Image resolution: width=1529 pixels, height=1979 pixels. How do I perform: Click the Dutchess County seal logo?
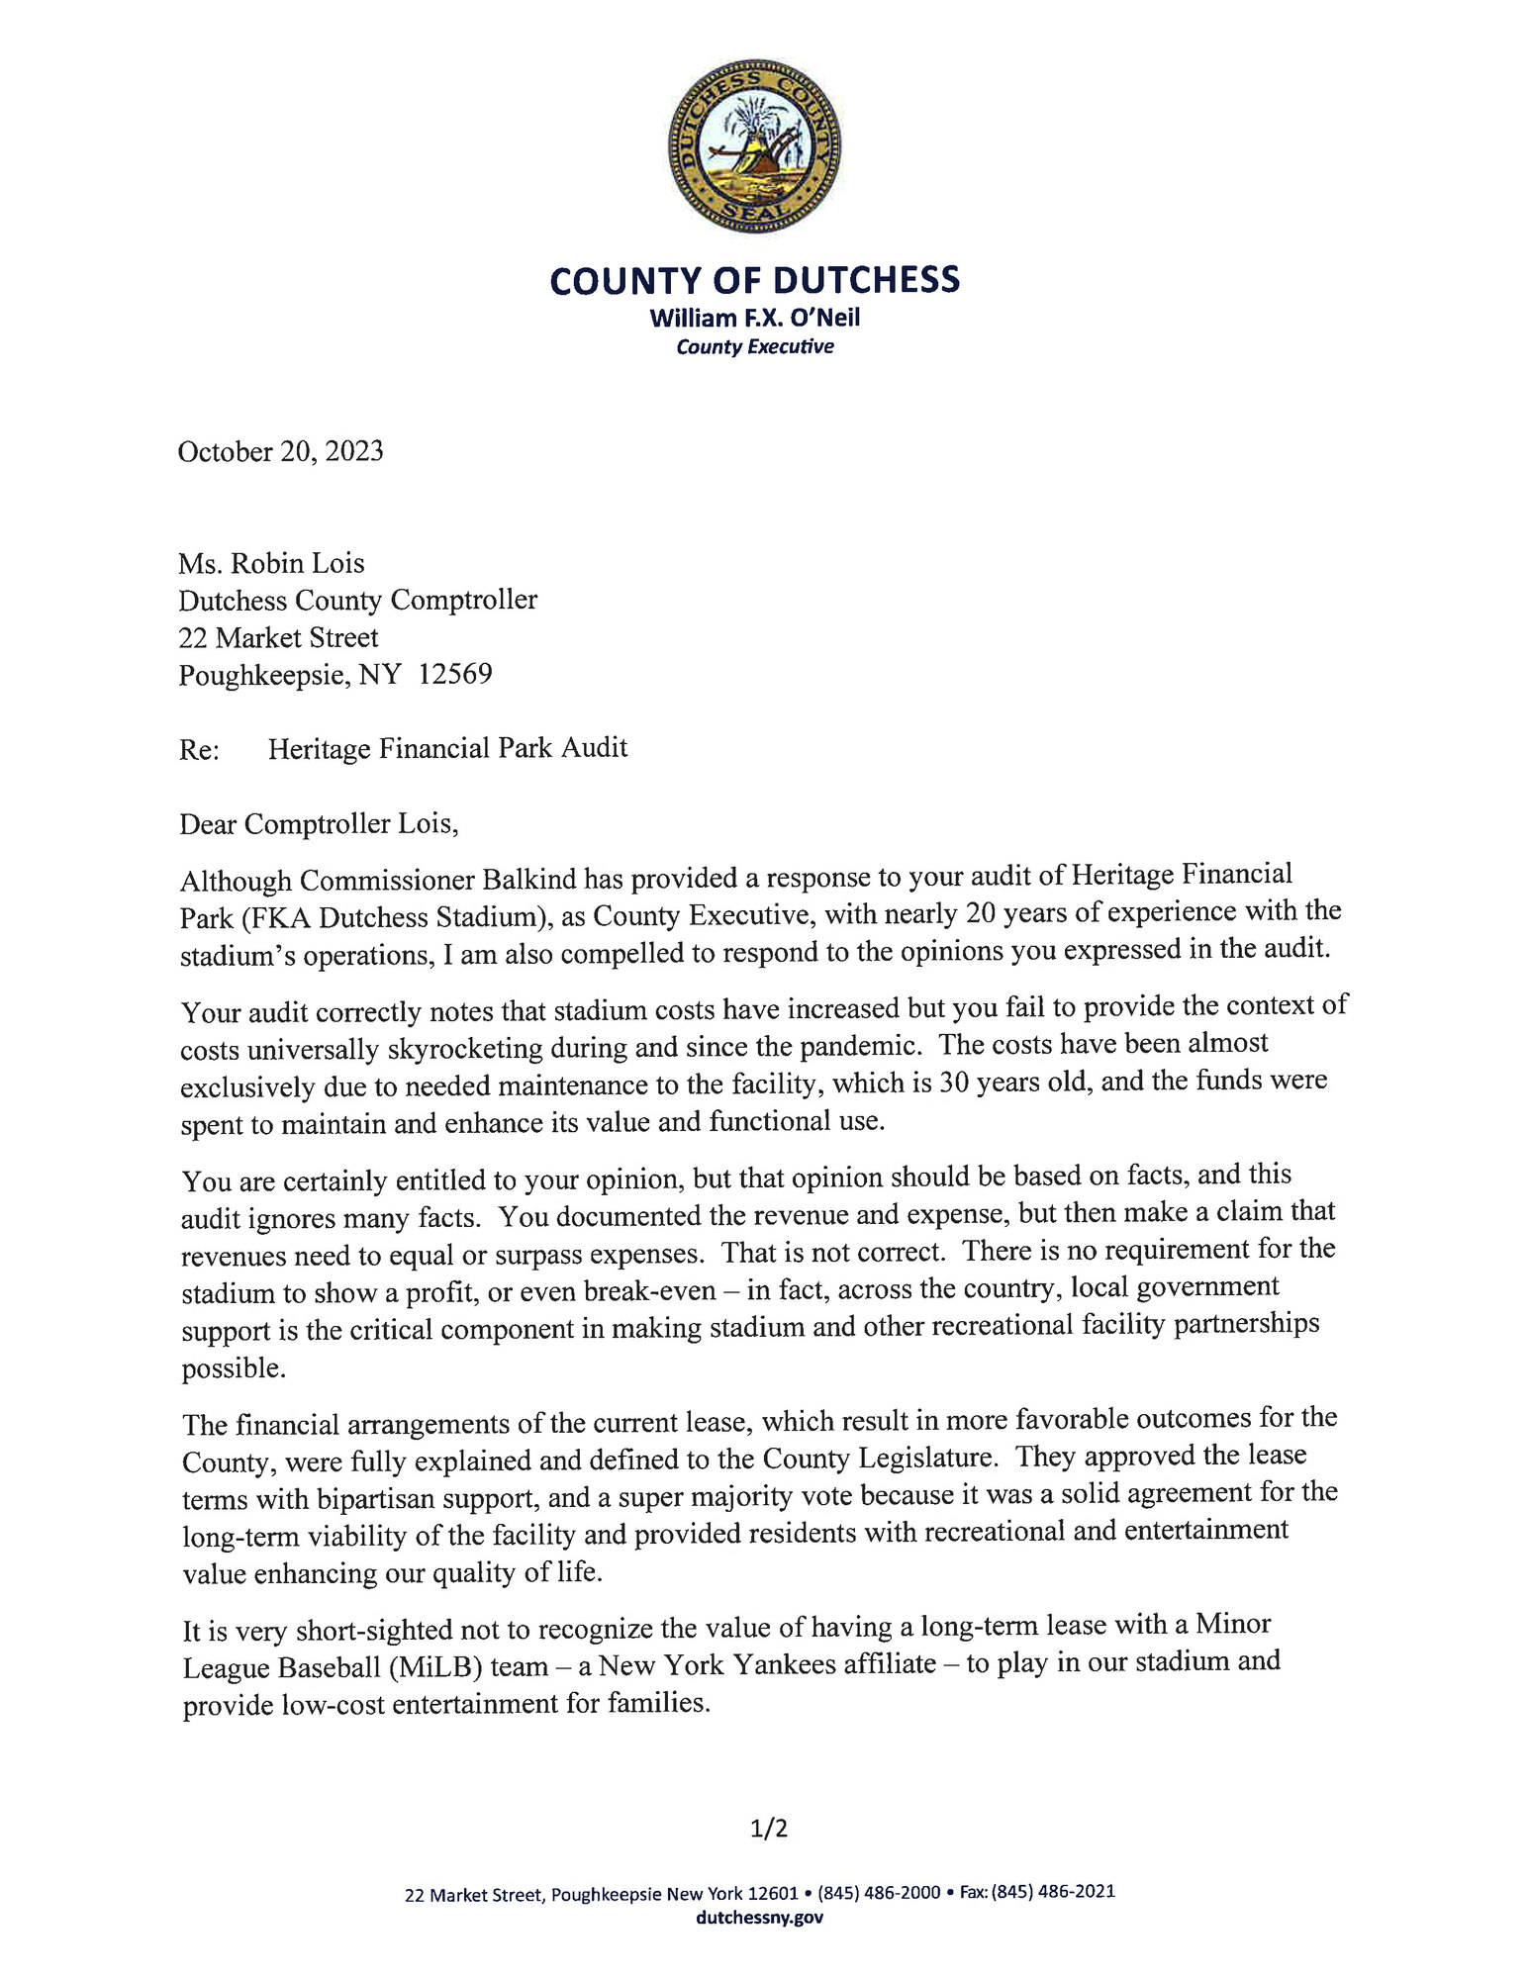[x=755, y=146]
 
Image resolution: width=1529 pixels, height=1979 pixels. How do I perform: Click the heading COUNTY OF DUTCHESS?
[x=754, y=281]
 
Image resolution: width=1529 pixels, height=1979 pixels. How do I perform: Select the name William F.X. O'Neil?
[x=754, y=318]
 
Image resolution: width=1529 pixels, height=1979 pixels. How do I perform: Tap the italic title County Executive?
[x=754, y=346]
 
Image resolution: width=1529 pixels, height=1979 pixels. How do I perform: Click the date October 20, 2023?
[x=280, y=451]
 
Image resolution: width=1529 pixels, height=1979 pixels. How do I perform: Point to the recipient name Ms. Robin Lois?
[x=271, y=563]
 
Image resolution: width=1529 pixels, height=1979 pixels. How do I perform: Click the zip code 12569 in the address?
[x=455, y=674]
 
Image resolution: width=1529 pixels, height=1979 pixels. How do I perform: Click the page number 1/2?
[x=769, y=1829]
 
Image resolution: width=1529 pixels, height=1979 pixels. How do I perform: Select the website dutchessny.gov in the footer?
[x=759, y=1917]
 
